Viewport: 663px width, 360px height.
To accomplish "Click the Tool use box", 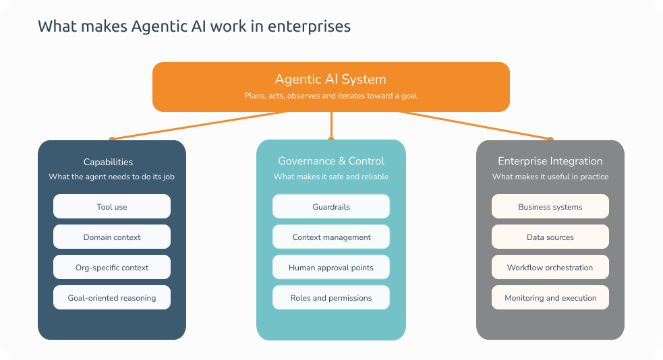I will (112, 207).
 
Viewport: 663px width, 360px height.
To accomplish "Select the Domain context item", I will (112, 237).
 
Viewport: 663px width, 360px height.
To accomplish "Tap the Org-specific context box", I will (112, 268).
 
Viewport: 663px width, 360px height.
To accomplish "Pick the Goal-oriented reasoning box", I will (112, 298).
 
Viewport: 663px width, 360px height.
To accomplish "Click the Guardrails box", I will (331, 207).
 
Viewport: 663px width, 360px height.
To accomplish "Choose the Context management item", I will (331, 237).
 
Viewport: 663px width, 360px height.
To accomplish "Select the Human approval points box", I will (331, 268).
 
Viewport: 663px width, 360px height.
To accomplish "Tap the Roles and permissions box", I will (331, 298).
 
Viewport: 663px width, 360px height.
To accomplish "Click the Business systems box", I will (550, 207).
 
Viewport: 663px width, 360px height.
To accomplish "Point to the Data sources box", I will (550, 237).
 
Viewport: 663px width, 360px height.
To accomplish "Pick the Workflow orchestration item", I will (550, 268).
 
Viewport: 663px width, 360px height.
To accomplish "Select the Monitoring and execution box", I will (550, 298).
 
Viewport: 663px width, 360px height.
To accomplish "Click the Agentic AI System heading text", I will (330, 80).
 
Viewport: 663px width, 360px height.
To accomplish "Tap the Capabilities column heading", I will (108, 162).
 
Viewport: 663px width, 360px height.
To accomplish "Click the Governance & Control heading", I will (331, 161).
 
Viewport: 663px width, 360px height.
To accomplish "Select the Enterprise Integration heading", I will (550, 161).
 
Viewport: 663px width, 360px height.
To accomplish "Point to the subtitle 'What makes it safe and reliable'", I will (331, 177).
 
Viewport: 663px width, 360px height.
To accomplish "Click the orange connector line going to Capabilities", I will (202, 125).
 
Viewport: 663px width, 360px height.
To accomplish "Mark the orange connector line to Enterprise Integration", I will (472, 126).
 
